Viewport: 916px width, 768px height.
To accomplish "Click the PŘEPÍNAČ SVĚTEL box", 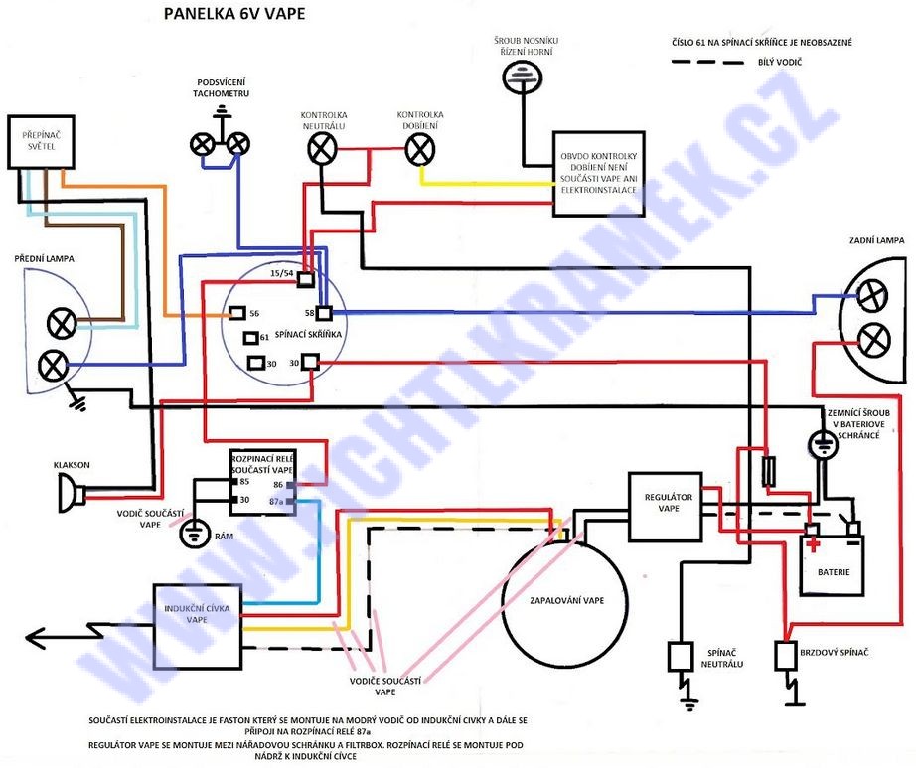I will (34, 142).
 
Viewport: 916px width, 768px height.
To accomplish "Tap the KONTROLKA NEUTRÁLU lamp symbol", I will (320, 149).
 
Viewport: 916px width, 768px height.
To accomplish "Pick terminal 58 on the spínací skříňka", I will (323, 313).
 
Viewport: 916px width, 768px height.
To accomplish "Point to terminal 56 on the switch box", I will (237, 314).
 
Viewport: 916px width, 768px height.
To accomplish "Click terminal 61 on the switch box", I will (250, 338).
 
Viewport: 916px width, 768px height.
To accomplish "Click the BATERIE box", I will (834, 562).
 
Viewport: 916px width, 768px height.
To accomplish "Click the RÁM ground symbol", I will (191, 534).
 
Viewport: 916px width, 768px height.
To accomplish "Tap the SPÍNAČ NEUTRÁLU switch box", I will (682, 657).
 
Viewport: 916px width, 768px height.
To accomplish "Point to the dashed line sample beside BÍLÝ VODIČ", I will (708, 63).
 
